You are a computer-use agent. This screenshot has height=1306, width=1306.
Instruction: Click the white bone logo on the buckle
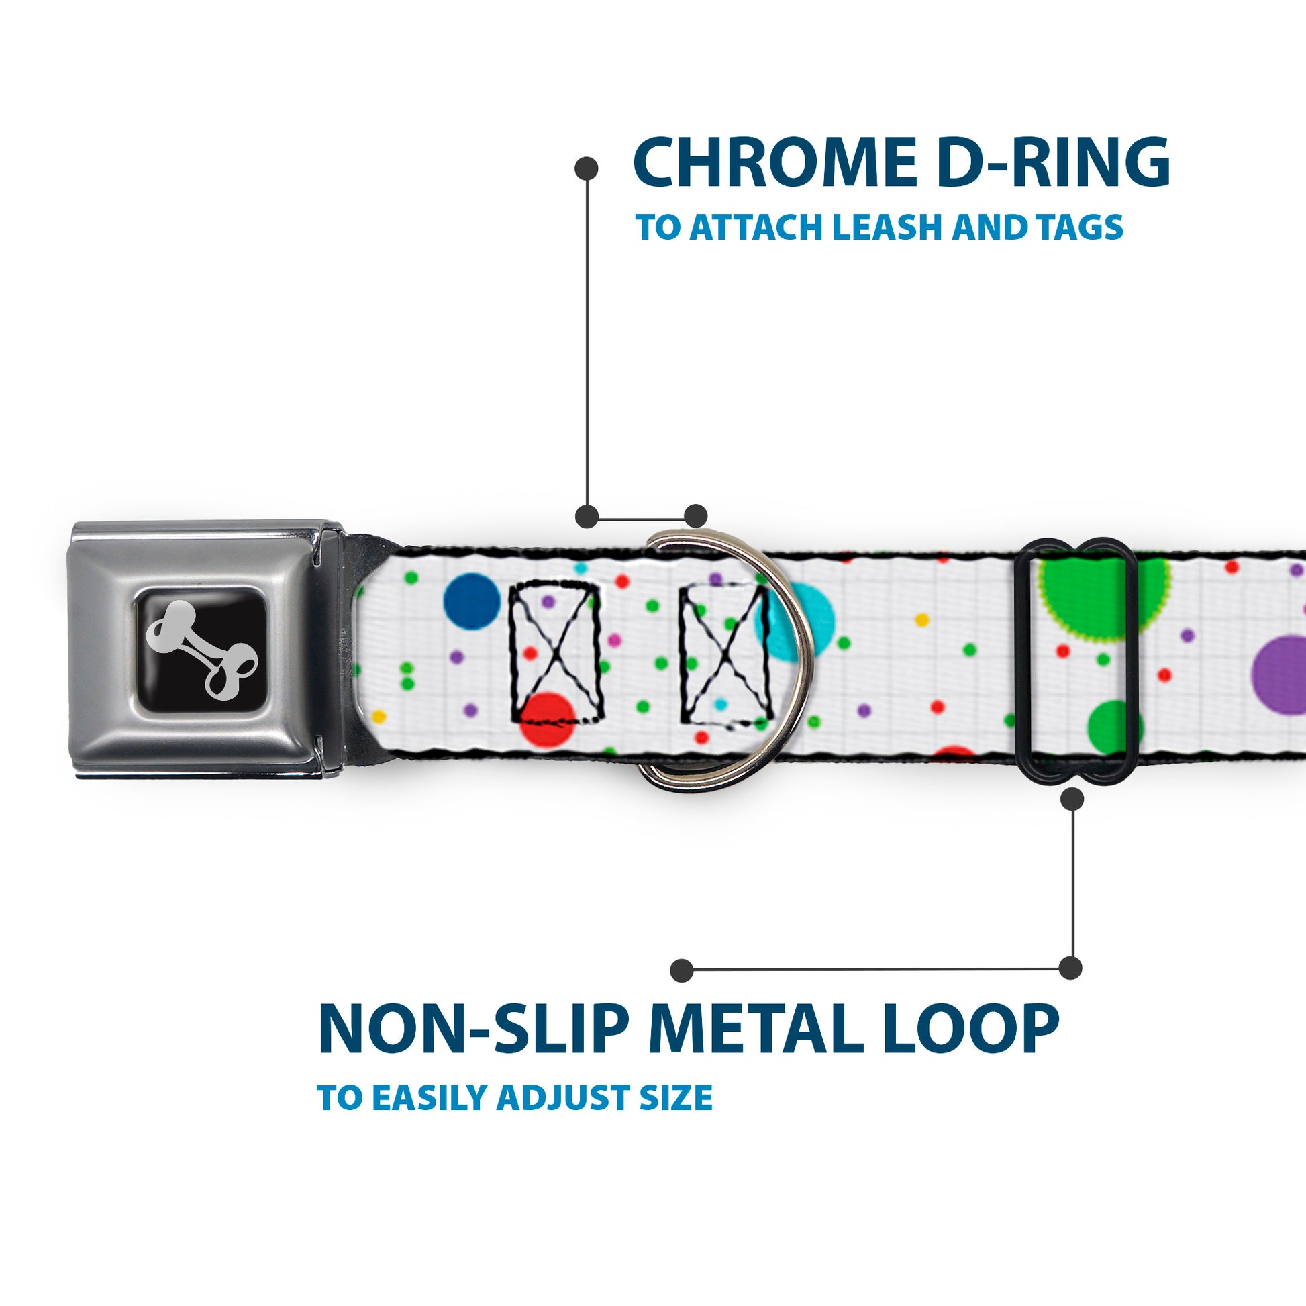coord(201,648)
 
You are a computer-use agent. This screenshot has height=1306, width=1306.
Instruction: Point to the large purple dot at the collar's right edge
coord(1281,674)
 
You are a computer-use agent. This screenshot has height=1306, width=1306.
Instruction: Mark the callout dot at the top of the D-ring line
coord(586,168)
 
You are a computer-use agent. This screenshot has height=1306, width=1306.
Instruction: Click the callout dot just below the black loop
coord(1072,800)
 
